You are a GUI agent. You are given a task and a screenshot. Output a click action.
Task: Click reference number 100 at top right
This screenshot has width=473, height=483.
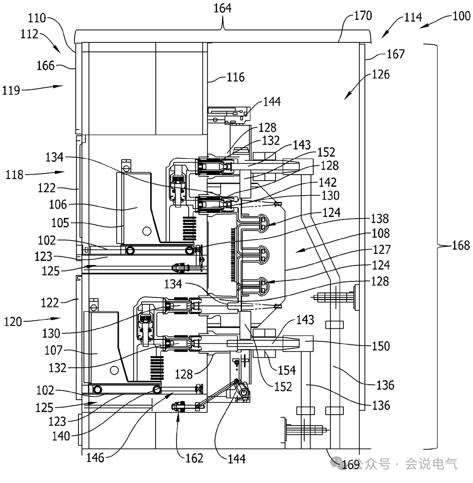461,15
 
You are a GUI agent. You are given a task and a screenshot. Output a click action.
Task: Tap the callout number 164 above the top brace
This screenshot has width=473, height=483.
223,8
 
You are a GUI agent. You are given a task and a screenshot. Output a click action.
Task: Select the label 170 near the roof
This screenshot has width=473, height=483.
363,15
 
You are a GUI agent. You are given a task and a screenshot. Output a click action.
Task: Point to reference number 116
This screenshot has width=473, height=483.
236,77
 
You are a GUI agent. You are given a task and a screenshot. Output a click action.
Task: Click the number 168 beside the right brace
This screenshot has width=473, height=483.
461,245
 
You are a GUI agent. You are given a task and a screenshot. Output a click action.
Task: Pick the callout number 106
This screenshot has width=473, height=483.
58,205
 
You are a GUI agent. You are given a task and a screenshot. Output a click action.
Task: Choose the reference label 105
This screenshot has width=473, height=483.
60,223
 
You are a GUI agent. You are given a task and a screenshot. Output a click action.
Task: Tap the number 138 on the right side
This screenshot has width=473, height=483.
380,219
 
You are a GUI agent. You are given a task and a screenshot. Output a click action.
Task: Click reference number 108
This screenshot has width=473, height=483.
381,233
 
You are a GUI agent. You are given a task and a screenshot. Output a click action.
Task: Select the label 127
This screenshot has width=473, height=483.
382,249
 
